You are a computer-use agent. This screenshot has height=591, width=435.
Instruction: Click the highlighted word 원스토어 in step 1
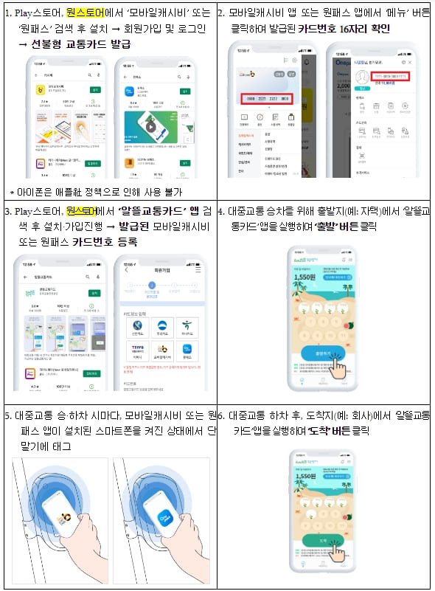click(x=86, y=13)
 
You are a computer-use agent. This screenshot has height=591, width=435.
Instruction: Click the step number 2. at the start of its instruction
click(x=223, y=13)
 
